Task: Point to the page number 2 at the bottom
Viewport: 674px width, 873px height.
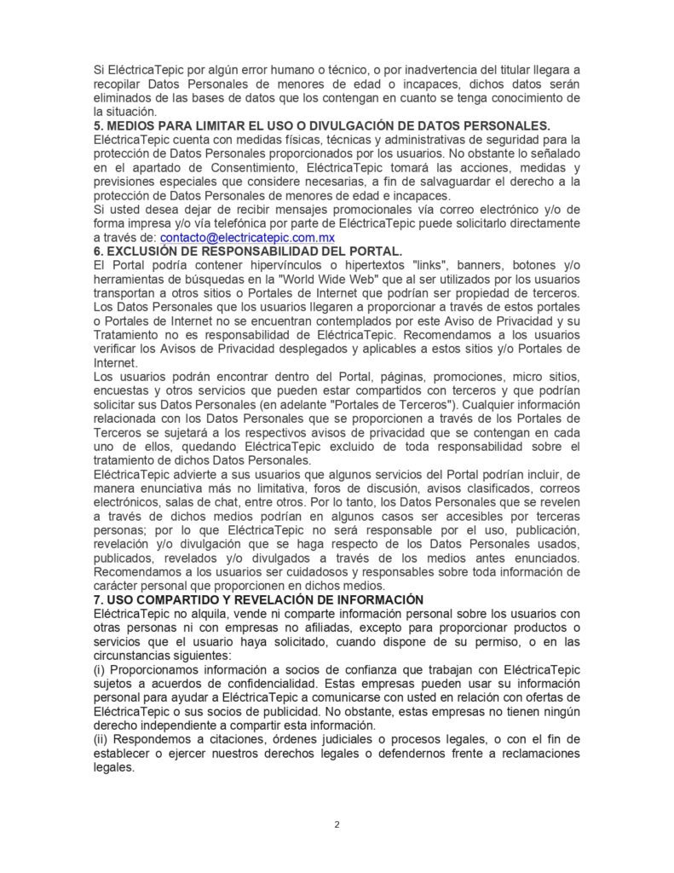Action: tap(337, 824)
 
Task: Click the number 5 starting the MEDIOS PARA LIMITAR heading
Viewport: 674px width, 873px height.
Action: tap(97, 125)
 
